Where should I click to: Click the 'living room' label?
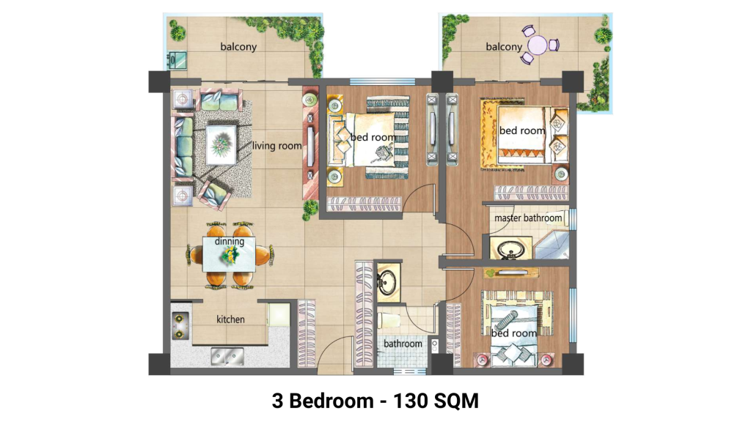(x=276, y=146)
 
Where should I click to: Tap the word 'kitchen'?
(x=230, y=319)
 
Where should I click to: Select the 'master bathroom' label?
(x=528, y=218)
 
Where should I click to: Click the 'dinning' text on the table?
(x=230, y=241)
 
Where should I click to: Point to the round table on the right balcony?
(x=538, y=45)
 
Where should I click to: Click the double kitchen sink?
(x=227, y=356)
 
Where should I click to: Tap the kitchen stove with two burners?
(x=180, y=325)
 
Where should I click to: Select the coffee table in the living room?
(x=221, y=145)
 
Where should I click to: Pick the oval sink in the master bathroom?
(x=510, y=249)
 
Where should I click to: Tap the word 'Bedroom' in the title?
(x=331, y=401)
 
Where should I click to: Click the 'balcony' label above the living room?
(x=238, y=46)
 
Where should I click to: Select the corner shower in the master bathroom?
(x=552, y=245)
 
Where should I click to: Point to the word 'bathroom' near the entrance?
(x=403, y=344)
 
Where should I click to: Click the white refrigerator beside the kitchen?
(x=278, y=315)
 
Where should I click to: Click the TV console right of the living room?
(x=310, y=144)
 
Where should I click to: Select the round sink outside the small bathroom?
(x=388, y=281)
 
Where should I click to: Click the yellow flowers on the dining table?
(x=230, y=256)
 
